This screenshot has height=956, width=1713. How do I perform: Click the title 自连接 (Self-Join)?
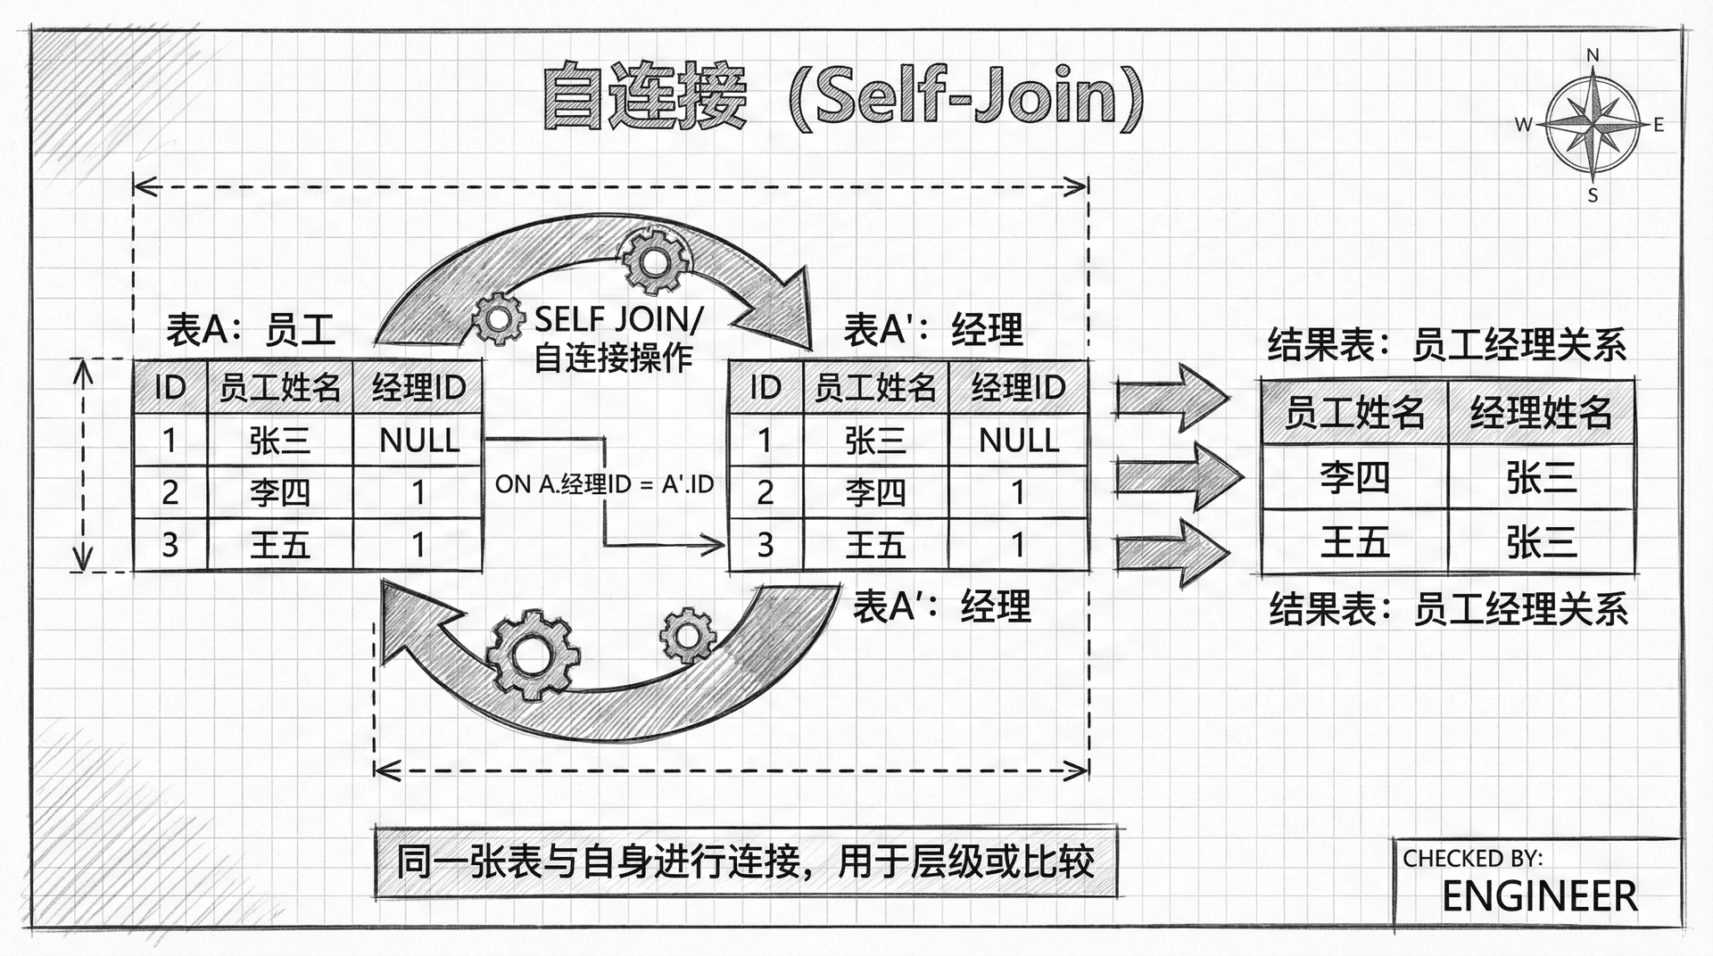(842, 97)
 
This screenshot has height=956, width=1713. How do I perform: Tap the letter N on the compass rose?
(1593, 55)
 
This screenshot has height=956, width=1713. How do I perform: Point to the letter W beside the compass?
(1523, 125)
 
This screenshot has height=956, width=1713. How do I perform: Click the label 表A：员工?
(251, 330)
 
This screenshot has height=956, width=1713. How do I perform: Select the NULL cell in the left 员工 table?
(418, 440)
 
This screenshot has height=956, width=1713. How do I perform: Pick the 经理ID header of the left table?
(418, 388)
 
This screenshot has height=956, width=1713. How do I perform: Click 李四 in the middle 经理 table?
(875, 492)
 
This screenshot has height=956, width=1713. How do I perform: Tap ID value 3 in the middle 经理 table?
(765, 545)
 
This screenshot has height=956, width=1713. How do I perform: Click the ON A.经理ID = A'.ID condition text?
(604, 484)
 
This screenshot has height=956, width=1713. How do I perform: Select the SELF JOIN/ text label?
(619, 318)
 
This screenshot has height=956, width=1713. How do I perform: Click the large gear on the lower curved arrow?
(533, 655)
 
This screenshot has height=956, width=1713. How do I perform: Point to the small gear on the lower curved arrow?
(688, 635)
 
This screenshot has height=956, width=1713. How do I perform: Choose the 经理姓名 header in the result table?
(1541, 412)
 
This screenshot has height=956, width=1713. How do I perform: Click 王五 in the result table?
(1354, 541)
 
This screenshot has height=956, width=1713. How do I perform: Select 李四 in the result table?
(1354, 478)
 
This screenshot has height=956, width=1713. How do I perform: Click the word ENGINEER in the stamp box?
(1539, 896)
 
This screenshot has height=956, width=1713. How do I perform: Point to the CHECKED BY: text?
(1472, 858)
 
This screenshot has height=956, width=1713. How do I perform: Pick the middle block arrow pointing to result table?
(1178, 477)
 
